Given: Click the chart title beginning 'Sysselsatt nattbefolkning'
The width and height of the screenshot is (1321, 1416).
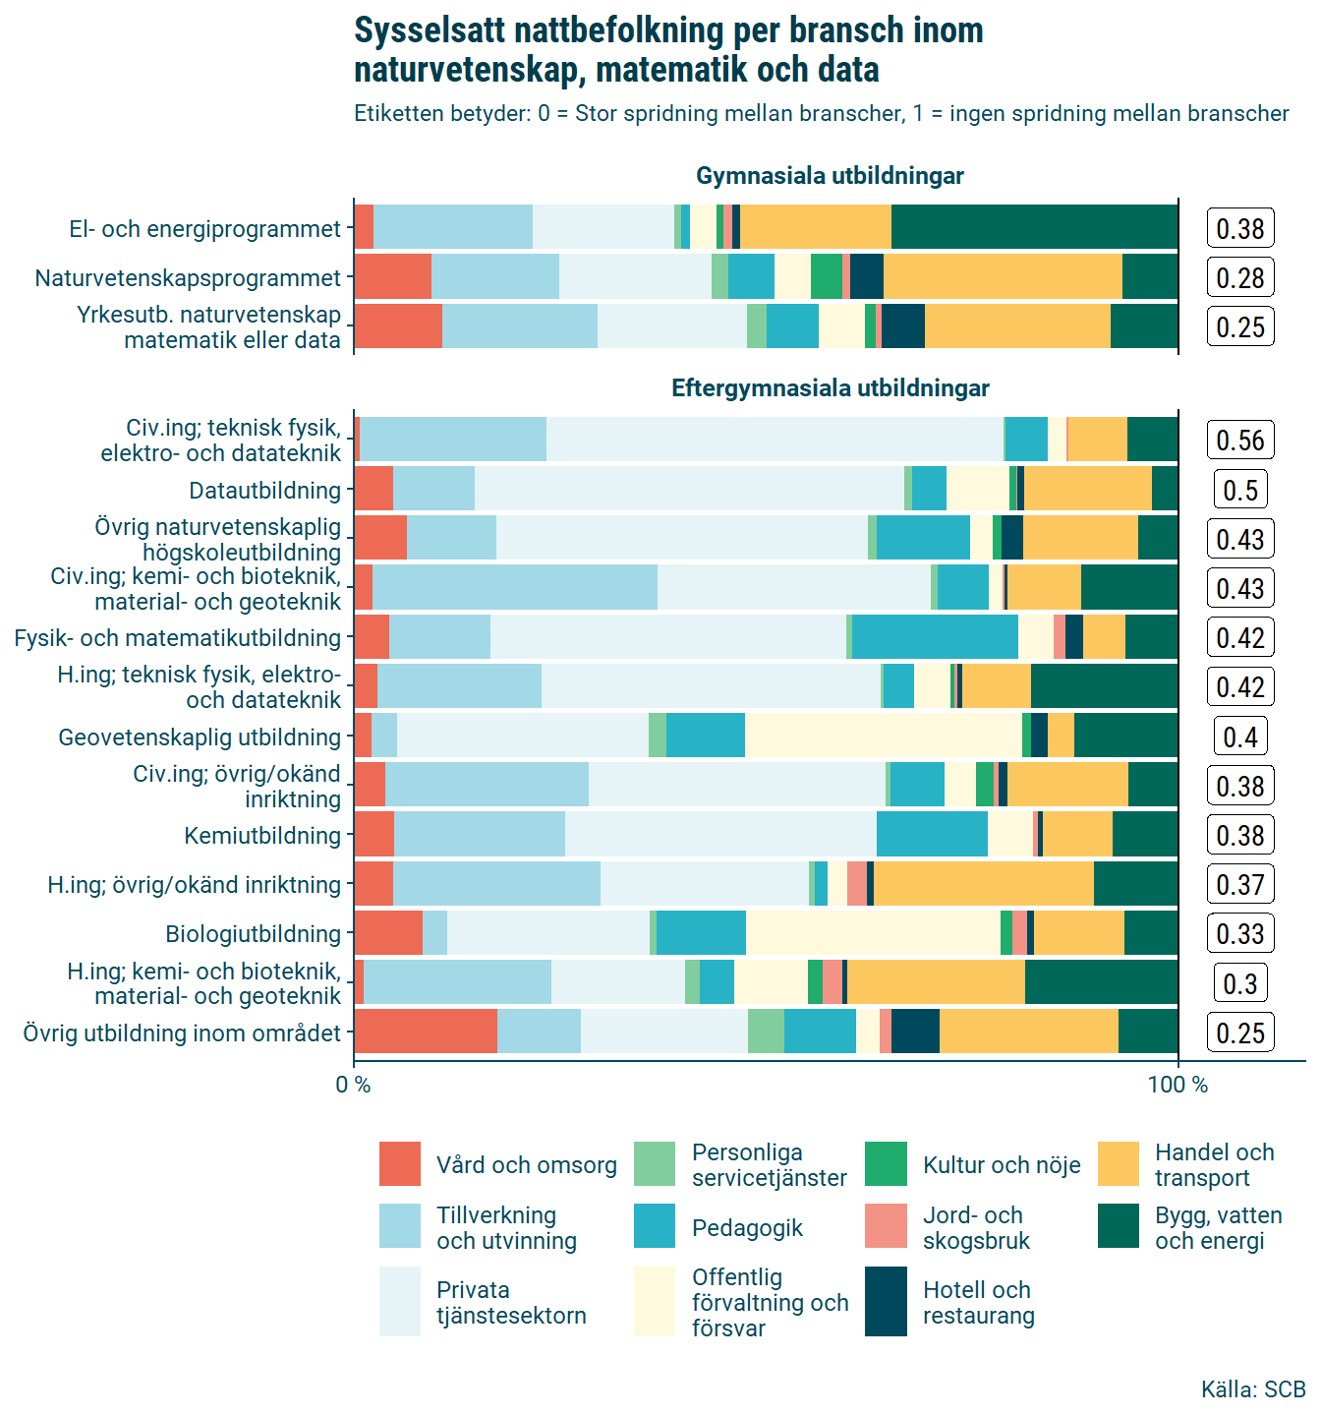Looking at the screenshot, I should coord(668,50).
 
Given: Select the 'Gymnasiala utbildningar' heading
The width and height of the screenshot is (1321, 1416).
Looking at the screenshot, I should coord(830,176).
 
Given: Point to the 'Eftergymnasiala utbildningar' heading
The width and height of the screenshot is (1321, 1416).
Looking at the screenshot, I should coord(830,388).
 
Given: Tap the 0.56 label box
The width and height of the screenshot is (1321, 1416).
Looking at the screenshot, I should coord(1240,441).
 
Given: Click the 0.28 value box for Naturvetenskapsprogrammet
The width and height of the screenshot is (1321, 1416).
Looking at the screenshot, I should coord(1240,278).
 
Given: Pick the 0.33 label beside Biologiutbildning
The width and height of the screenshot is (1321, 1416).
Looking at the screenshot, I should coord(1240,934).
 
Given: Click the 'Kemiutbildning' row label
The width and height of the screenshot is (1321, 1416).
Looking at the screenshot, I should coord(262,836).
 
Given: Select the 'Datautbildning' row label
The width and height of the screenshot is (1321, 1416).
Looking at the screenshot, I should coord(265,491).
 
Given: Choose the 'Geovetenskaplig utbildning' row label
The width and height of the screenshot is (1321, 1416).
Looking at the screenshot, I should coord(200,737).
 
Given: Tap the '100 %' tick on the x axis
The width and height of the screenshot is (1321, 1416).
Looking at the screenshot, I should coord(1177,1086).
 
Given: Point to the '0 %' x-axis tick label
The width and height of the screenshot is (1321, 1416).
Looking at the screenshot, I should coord(353,1086).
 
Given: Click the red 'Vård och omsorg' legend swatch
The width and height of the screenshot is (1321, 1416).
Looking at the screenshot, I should coord(400,1164).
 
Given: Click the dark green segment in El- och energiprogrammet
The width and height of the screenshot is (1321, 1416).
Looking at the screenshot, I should coord(1034,228).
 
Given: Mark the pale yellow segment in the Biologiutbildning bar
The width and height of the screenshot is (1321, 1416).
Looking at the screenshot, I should coord(873,933).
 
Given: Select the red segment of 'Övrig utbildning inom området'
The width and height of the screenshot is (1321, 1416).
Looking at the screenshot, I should coord(426,1032).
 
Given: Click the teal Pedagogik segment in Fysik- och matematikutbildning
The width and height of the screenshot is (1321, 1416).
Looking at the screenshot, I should coord(935,637).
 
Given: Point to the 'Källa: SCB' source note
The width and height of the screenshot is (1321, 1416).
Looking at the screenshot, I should coord(1253,1389).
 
